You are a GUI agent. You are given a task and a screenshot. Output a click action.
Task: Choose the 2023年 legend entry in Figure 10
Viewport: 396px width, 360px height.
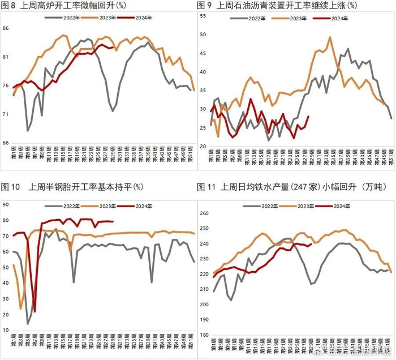105,198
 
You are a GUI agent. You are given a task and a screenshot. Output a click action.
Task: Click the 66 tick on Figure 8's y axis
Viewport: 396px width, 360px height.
6,143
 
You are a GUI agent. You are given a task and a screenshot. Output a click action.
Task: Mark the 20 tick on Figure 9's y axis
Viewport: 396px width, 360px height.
204,144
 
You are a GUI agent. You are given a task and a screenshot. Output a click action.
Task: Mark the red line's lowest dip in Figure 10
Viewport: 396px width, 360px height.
35,311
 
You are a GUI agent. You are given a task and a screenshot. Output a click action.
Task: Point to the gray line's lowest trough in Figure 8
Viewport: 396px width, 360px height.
28,131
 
